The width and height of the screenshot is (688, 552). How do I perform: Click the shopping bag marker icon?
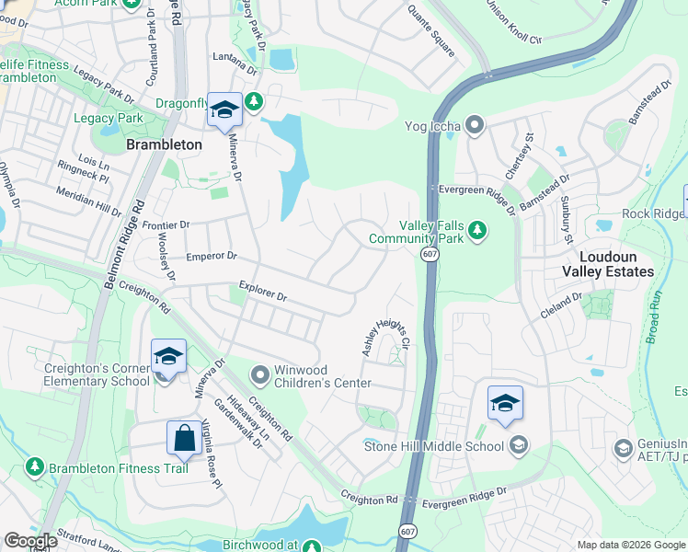(184, 438)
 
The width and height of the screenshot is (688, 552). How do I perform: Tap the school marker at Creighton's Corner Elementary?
(169, 355)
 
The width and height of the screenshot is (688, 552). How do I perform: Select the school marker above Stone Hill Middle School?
(505, 403)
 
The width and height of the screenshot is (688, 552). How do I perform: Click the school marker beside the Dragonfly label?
(224, 109)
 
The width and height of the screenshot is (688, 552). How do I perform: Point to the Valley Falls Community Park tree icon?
(476, 229)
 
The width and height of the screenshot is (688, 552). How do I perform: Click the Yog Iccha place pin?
(475, 123)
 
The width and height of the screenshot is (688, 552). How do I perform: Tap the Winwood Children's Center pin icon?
(260, 374)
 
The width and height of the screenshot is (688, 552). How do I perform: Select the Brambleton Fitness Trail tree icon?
(35, 468)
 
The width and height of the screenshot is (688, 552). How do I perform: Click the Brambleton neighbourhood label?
(164, 144)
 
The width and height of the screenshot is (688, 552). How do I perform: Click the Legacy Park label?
(109, 119)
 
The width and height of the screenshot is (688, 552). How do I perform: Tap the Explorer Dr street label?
(263, 292)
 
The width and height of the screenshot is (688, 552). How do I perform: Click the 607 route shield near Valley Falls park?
(430, 253)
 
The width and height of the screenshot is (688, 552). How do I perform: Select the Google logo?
(30, 541)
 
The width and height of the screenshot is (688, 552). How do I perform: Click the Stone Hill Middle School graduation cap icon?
(518, 446)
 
